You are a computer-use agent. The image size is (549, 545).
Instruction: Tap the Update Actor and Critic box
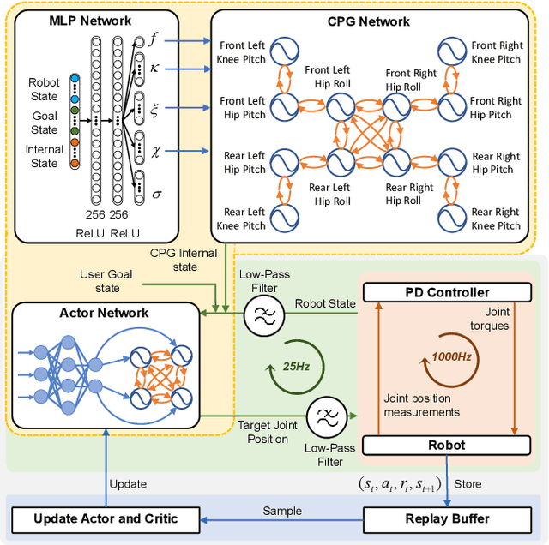[105, 518]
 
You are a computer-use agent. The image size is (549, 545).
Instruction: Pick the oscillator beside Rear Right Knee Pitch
[451, 219]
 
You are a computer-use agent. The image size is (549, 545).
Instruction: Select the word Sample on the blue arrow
[282, 511]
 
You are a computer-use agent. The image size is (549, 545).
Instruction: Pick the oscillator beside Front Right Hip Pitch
[451, 107]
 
